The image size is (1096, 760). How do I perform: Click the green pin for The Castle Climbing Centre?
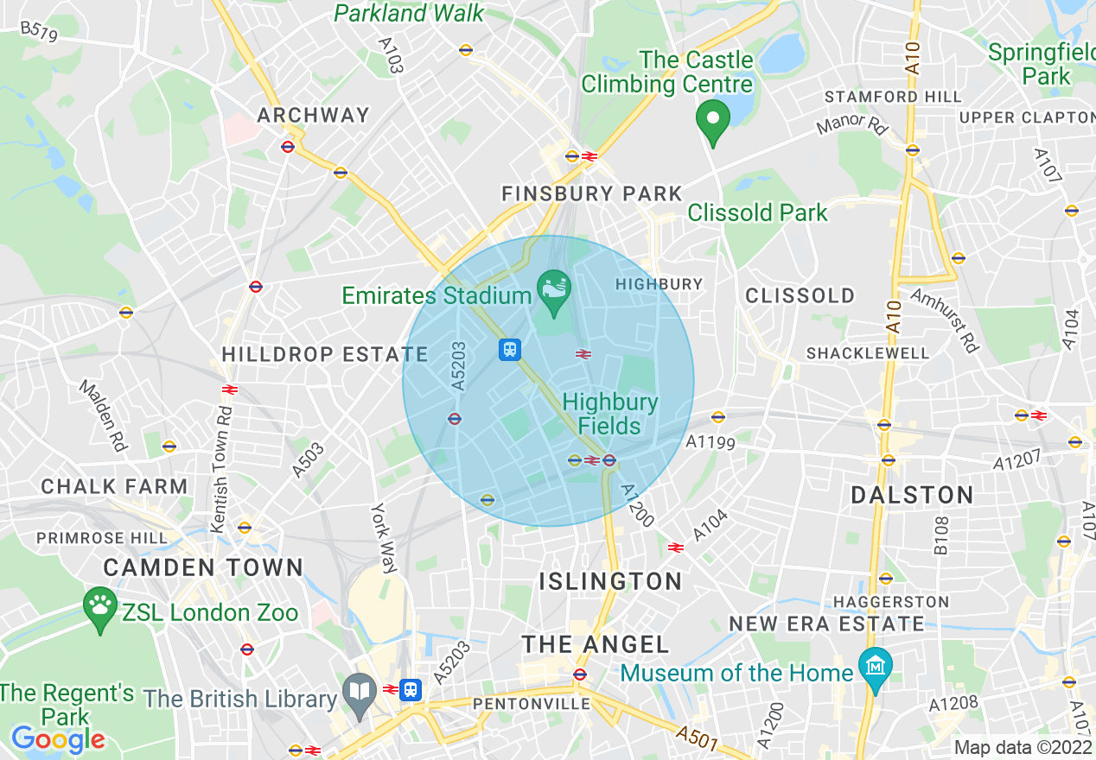point(713,122)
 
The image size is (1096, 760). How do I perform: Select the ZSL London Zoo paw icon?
point(101,607)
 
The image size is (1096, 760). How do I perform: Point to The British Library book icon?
point(358,692)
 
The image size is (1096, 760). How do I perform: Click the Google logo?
point(58,739)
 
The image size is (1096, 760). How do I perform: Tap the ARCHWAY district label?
point(313,115)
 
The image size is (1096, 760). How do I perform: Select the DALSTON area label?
point(912,495)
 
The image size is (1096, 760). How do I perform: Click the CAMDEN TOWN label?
point(203,567)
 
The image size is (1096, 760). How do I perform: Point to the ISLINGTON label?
point(610,581)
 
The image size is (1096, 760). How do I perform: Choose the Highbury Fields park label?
point(609,414)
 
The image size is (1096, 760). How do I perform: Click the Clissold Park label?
point(757,212)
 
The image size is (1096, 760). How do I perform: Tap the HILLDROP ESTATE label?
point(325,354)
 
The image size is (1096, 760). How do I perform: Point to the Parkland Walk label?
point(410,13)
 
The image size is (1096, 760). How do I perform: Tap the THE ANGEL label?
point(596,644)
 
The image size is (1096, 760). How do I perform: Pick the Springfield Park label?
point(1041,64)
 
